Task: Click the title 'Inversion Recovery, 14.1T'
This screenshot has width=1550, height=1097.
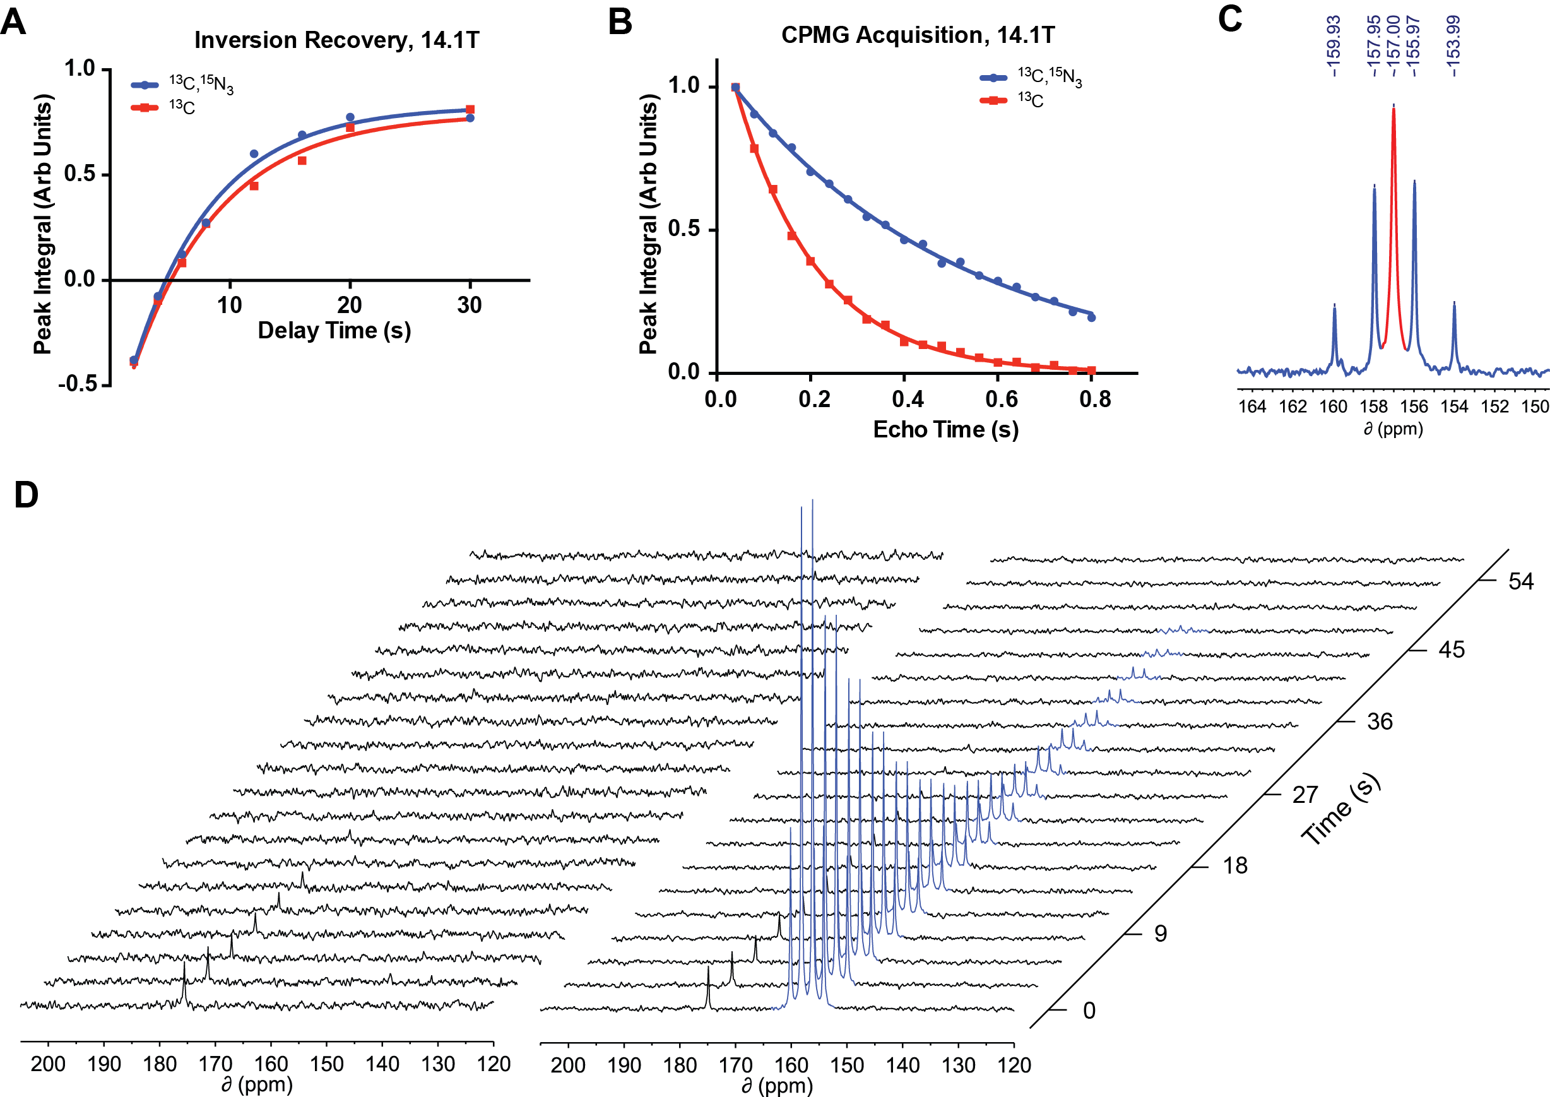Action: click(336, 40)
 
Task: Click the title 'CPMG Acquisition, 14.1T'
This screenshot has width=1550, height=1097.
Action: click(917, 35)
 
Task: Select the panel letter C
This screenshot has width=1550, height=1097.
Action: click(1230, 19)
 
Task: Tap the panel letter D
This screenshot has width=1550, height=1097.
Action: click(26, 495)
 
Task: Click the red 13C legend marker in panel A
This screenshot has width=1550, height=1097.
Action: click(144, 107)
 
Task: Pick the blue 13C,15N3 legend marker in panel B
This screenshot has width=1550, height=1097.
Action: click(993, 78)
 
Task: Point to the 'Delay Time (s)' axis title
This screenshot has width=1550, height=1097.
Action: click(334, 330)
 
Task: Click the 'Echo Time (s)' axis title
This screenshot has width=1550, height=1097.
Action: click(945, 430)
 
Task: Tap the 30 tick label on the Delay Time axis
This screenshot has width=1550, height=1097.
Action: click(470, 305)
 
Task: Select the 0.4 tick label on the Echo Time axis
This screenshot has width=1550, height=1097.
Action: click(908, 399)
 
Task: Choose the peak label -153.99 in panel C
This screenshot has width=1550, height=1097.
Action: click(1453, 47)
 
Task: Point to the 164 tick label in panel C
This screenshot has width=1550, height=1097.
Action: click(1252, 406)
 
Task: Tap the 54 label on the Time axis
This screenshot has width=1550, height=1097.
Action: click(1521, 581)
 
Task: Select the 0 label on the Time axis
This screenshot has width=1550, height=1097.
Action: click(1089, 1011)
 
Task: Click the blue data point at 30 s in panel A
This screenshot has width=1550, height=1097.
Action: click(470, 118)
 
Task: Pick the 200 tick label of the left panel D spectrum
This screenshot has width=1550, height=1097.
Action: click(48, 1065)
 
